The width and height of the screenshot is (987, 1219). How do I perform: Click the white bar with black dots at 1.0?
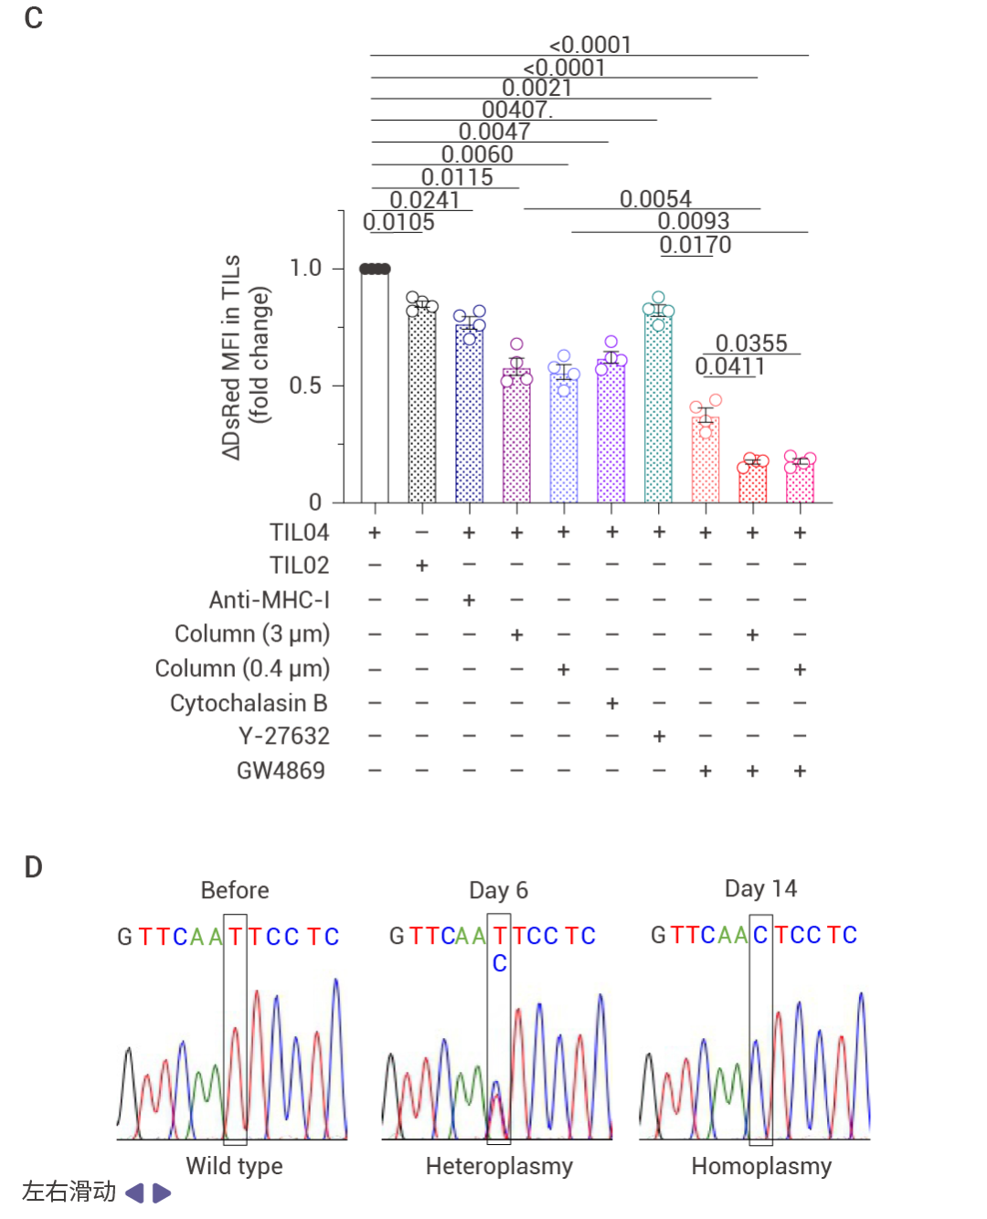pos(375,384)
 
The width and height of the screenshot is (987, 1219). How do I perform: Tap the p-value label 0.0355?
pos(751,344)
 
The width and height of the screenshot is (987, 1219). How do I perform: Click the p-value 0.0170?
pos(695,245)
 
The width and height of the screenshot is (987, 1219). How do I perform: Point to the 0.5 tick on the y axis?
pos(305,386)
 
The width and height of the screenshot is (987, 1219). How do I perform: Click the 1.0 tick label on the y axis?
pos(305,268)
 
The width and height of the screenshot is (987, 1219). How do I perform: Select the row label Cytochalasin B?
pos(249,703)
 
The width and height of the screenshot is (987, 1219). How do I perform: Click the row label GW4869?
pos(281,770)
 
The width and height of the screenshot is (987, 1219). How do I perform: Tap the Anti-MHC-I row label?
pos(269,599)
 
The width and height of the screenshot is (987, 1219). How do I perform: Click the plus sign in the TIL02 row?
pos(422,566)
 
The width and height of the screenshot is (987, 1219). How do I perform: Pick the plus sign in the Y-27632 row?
pos(659,737)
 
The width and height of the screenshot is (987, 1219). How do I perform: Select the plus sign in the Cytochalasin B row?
pos(611,703)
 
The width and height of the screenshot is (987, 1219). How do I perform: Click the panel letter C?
pos(34,18)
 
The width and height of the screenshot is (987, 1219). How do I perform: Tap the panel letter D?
pos(34,867)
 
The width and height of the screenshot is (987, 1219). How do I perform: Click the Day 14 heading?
pos(760,888)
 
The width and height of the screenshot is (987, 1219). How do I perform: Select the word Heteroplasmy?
pos(499,1166)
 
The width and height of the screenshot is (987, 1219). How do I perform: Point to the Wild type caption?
pos(235,1166)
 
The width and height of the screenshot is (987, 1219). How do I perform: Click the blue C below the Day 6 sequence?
pos(499,963)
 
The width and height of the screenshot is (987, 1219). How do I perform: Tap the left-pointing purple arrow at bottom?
pos(134,1192)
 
